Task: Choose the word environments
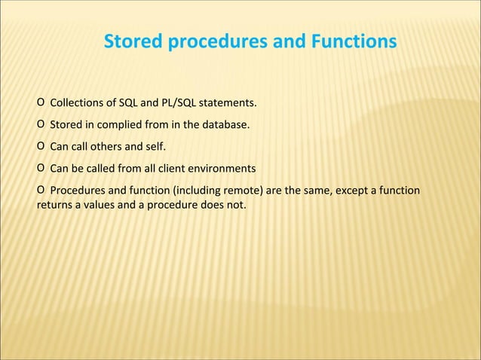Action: [x=224, y=167]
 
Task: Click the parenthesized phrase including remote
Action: [x=223, y=189]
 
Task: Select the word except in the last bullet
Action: [x=352, y=189]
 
